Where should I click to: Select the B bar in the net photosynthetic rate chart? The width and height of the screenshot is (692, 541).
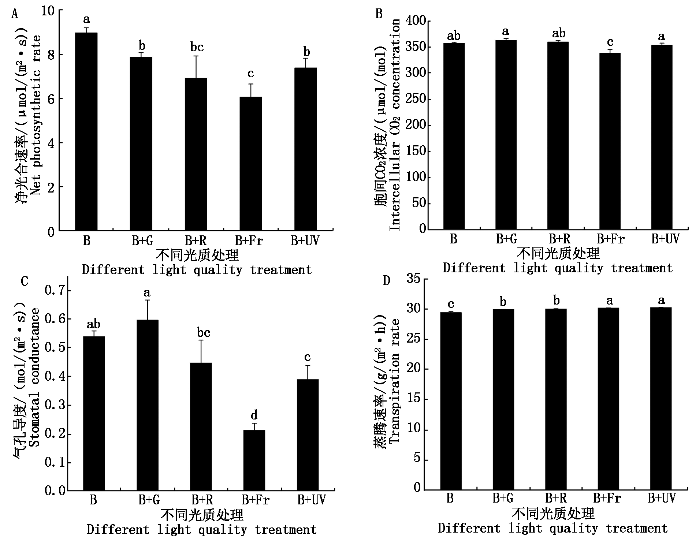[86, 132]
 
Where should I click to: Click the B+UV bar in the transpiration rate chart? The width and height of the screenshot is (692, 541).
[661, 399]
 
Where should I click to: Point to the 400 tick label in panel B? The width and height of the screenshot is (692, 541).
[416, 21]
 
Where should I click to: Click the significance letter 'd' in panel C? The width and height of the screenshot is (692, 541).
[254, 415]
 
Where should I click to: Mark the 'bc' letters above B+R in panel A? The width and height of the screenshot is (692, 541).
[197, 47]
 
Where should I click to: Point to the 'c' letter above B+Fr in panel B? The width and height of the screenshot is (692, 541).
[610, 42]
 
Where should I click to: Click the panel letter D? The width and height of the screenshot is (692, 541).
[387, 281]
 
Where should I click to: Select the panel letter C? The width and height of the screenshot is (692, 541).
[25, 281]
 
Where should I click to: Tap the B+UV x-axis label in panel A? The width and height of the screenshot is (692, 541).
[305, 240]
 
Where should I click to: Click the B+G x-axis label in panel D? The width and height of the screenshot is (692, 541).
[503, 498]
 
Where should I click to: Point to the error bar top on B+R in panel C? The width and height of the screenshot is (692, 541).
[201, 340]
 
